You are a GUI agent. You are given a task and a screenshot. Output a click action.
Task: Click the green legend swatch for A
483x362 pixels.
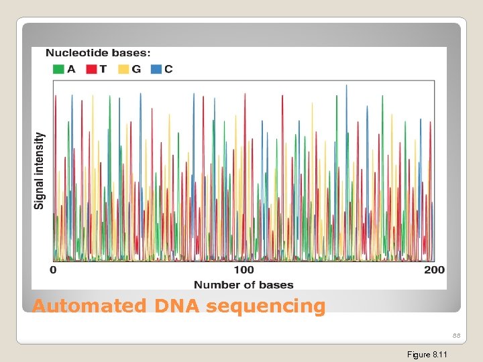58,69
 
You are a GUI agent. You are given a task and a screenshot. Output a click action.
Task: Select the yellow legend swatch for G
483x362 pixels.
123,69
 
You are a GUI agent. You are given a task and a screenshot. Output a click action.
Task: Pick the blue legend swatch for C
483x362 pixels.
156,69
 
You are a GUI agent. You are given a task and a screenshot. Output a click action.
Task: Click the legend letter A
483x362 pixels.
71,69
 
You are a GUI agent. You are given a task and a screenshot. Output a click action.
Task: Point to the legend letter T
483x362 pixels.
103,69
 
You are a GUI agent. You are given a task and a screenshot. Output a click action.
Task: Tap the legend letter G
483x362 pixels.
136,69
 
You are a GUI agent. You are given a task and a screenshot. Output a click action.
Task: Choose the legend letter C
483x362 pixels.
168,69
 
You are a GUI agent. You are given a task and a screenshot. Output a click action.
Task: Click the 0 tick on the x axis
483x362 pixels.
53,269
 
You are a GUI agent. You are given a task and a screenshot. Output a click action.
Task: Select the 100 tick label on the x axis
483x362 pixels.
244,269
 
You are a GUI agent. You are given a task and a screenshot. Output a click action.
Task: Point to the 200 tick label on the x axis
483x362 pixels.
434,269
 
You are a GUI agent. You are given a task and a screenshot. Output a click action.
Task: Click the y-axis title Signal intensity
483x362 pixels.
40,170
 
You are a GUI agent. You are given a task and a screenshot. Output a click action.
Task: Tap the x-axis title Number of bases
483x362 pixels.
244,285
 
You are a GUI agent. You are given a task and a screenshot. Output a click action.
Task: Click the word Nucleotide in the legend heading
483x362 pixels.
74,52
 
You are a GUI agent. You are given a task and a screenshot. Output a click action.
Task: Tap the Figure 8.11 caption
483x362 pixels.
427,354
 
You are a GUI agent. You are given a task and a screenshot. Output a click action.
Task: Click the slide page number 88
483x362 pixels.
456,335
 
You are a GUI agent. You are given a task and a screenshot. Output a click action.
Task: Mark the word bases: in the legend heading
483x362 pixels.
129,52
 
